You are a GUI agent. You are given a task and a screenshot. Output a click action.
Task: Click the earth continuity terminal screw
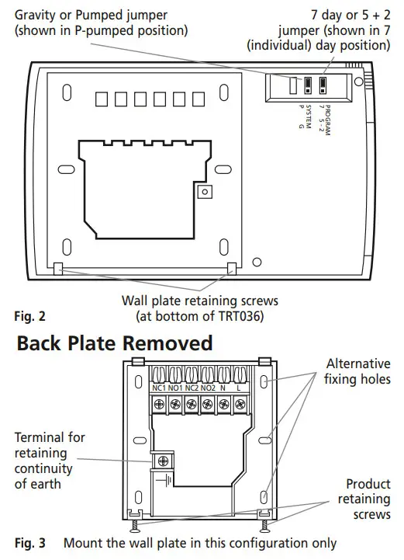tap(162, 459)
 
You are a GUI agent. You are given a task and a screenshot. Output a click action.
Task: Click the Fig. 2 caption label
tap(30, 316)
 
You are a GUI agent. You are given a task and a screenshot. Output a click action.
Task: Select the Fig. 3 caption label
tap(30, 543)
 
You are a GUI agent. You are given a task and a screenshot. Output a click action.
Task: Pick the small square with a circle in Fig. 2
tap(205, 191)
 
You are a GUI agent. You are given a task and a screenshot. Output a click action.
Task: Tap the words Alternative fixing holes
tap(358, 371)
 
